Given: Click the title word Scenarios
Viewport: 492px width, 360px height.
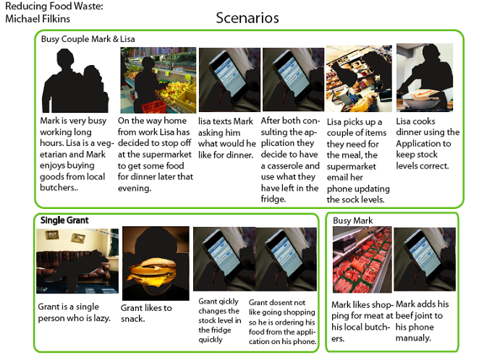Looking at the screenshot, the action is (x=247, y=18).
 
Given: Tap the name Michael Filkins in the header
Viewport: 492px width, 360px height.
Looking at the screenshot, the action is (x=38, y=19).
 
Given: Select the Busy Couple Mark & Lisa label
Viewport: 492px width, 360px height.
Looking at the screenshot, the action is (x=88, y=39).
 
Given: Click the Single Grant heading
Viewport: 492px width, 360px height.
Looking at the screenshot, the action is (x=64, y=220).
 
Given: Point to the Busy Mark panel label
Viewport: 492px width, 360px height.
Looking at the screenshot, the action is (x=352, y=220).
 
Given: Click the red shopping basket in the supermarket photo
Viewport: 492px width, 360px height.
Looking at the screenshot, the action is (x=153, y=107).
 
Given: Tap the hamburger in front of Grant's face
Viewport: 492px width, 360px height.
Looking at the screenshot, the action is (x=152, y=273).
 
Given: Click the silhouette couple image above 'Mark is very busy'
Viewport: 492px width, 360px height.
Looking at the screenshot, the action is (x=75, y=80).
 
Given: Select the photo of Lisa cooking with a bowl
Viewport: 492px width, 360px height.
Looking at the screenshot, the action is (x=425, y=77).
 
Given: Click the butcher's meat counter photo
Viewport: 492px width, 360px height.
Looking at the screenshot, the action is (x=362, y=260).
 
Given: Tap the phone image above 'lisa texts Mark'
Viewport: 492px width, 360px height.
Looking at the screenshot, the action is (x=229, y=80).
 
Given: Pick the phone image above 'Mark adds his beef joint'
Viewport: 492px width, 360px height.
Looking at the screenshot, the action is (x=425, y=260).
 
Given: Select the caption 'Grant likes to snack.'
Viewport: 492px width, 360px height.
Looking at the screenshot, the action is (x=146, y=313).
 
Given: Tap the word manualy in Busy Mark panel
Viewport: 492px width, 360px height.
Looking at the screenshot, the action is (x=413, y=338).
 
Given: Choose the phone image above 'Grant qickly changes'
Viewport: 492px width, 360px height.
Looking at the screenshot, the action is (x=224, y=260).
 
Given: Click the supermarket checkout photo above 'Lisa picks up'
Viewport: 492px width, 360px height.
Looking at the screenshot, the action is (x=359, y=78).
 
